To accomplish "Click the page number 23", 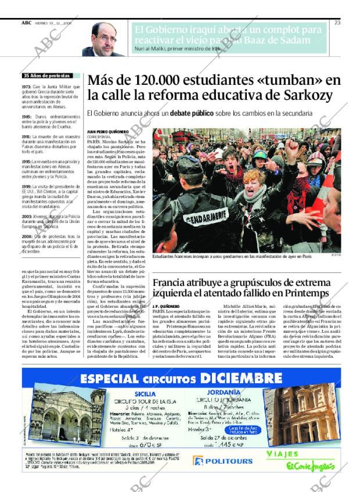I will coord(337,23).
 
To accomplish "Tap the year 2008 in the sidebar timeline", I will coord(26,237).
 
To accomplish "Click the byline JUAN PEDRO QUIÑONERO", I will coord(107,133).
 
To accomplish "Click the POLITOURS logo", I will coord(223,461).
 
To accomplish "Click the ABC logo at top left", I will coord(26,23).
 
